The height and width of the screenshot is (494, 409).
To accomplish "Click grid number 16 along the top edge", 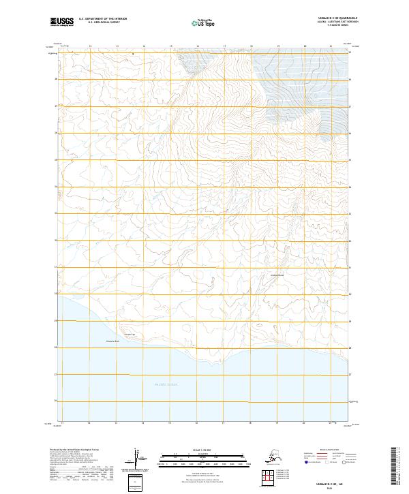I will pos(198,46).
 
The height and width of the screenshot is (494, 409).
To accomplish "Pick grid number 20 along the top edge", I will pos(305,46).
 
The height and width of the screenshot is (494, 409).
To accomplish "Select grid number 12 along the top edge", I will pos(90,46).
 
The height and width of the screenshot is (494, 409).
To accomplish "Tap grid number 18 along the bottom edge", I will pos(252,424).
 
